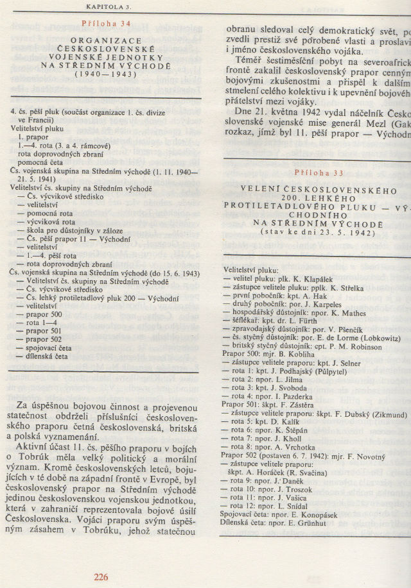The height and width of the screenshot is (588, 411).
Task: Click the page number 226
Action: [100, 577]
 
